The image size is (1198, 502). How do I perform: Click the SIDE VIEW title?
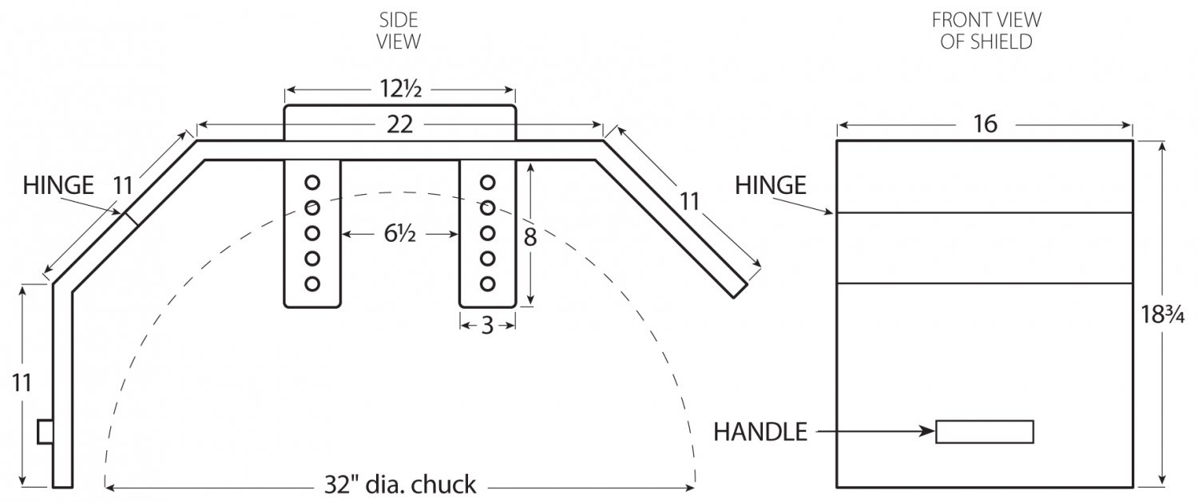click(x=399, y=30)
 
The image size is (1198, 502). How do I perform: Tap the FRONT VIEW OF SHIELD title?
click(x=986, y=30)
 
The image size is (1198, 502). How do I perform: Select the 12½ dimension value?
click(x=399, y=90)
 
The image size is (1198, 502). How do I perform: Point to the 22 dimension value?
click(x=399, y=125)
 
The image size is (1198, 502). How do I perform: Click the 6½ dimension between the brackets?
click(x=399, y=235)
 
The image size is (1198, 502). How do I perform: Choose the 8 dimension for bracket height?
click(x=530, y=237)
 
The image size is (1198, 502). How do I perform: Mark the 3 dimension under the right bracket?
click(x=487, y=325)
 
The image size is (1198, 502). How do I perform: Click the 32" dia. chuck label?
click(x=400, y=484)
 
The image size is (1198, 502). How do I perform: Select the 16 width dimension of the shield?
click(x=986, y=125)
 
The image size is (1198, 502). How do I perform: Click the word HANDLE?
click(x=760, y=432)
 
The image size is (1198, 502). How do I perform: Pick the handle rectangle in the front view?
click(x=985, y=431)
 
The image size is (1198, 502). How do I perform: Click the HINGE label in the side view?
click(x=58, y=185)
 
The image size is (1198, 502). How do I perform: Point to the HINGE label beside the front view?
click(x=770, y=185)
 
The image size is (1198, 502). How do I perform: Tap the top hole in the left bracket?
click(x=312, y=183)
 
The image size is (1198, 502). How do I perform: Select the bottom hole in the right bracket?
click(x=487, y=283)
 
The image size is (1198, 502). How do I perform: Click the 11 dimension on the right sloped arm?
click(x=689, y=201)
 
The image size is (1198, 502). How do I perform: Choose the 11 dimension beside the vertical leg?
click(x=22, y=383)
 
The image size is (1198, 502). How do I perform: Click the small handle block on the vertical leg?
click(x=46, y=432)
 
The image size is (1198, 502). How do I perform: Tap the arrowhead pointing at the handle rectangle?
click(x=928, y=432)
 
